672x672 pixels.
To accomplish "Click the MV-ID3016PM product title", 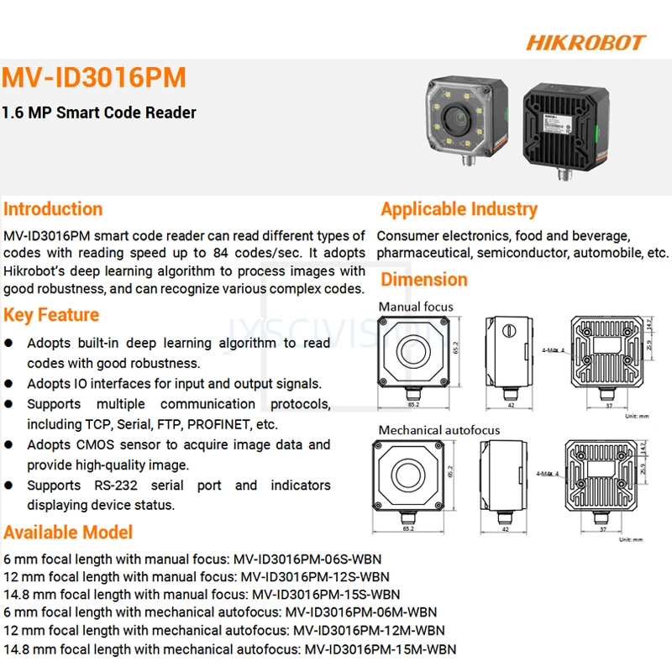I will click(x=93, y=78).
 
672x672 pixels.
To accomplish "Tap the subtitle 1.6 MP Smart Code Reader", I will click(x=99, y=113).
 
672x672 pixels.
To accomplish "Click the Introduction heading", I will click(x=53, y=209).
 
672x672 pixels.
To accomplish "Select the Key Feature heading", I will click(x=51, y=315).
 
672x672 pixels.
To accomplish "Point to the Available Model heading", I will click(x=68, y=532).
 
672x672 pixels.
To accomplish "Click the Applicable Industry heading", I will click(x=459, y=209).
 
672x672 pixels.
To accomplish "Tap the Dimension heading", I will click(x=424, y=280).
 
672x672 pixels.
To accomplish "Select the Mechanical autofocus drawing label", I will click(x=438, y=430).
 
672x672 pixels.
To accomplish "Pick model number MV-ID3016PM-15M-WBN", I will click(x=380, y=649).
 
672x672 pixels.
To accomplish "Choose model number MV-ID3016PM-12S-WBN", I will click(x=315, y=577).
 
